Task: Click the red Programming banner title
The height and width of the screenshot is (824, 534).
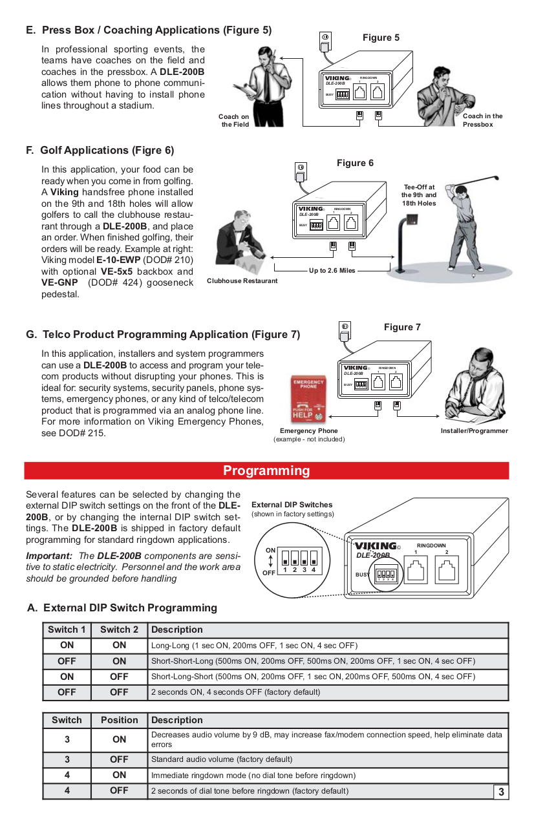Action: point(266,470)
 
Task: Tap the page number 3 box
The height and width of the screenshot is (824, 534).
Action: point(501,792)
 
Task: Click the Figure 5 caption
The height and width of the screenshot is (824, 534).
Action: point(381,37)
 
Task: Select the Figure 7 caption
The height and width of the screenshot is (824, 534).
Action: point(401,327)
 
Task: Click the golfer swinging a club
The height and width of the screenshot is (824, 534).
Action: point(467,220)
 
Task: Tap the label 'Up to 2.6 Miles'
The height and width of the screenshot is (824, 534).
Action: point(332,270)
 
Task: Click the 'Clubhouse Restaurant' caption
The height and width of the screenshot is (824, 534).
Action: point(242,280)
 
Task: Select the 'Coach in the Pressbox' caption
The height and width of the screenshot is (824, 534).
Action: point(482,120)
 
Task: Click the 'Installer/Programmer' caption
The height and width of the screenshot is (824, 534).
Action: point(474,431)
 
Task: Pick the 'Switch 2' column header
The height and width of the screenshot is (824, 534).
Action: point(119,629)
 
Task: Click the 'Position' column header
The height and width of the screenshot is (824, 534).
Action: point(119,720)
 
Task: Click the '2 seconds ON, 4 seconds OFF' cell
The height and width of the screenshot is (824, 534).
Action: point(235,692)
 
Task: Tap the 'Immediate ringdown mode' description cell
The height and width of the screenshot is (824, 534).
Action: point(253,775)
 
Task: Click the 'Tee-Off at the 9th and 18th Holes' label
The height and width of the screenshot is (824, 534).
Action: point(418,195)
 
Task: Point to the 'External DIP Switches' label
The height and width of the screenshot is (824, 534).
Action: point(292,505)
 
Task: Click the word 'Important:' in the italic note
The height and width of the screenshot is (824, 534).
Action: point(48,556)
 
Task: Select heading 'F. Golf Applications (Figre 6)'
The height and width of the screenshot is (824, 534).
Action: point(100,150)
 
